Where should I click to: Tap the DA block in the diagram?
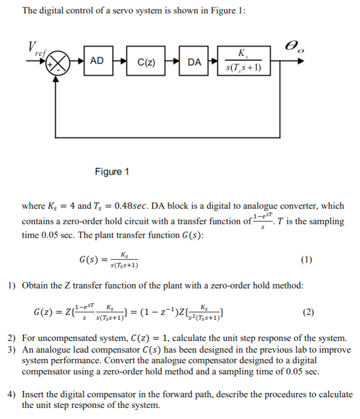click(x=194, y=62)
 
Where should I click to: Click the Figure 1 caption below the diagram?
click(x=112, y=171)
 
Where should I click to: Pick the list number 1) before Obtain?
click(x=13, y=286)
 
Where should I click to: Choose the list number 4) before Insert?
click(x=13, y=395)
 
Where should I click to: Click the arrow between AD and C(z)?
click(x=120, y=62)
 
